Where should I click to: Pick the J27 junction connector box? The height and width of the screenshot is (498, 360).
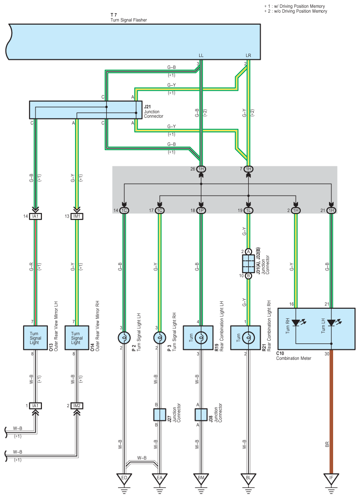[x=159, y=415]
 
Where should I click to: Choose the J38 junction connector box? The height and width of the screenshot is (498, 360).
[x=201, y=415]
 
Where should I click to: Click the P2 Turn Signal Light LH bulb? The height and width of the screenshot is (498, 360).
[x=124, y=338]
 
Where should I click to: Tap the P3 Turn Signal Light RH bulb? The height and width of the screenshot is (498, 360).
[x=159, y=338]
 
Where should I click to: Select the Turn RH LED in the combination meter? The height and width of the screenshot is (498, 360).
[x=296, y=323]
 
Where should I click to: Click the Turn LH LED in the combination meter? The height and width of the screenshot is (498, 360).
[x=331, y=323]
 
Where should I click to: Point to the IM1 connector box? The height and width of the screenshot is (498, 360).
[x=77, y=216]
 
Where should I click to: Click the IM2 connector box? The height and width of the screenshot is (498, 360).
[x=77, y=405]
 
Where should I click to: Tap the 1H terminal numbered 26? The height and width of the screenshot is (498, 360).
[x=201, y=169]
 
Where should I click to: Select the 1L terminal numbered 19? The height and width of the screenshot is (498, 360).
[x=248, y=210]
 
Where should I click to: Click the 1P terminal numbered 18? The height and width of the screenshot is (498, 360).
[x=201, y=210]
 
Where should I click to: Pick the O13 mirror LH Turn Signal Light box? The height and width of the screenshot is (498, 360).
[x=36, y=338]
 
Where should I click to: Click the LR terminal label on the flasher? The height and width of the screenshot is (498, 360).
[x=248, y=56]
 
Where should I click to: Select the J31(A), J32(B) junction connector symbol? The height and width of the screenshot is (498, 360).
[x=248, y=264]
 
